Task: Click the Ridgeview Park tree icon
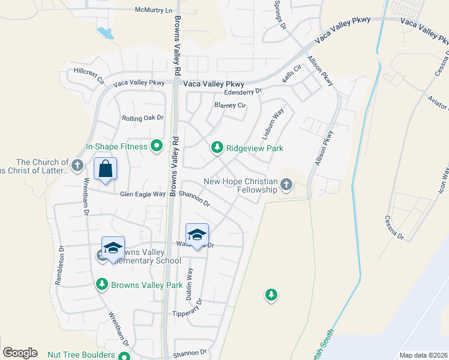tap(217, 147)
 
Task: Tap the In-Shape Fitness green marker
tap(157, 146)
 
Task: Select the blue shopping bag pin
tap(106, 170)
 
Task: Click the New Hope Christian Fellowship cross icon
tap(286, 184)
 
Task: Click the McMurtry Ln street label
tap(153, 10)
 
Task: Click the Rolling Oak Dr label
tap(143, 118)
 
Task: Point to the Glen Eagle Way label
tap(142, 194)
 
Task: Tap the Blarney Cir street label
tap(231, 106)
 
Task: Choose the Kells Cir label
tap(292, 74)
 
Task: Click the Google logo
tap(20, 353)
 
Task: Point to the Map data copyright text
tap(423, 355)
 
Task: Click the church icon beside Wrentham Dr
tap(77, 165)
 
